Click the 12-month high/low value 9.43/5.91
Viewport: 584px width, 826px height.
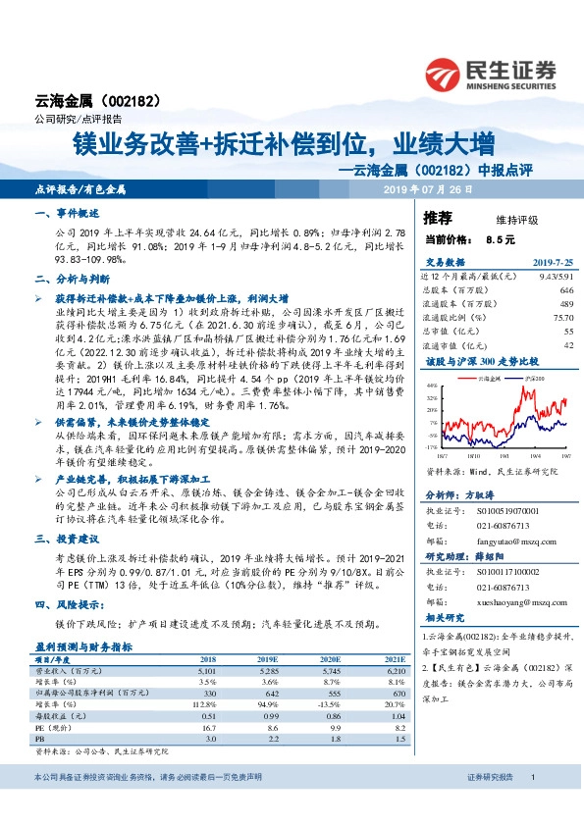(551, 277)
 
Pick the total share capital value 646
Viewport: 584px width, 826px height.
(564, 290)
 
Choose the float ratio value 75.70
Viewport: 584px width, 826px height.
(560, 318)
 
